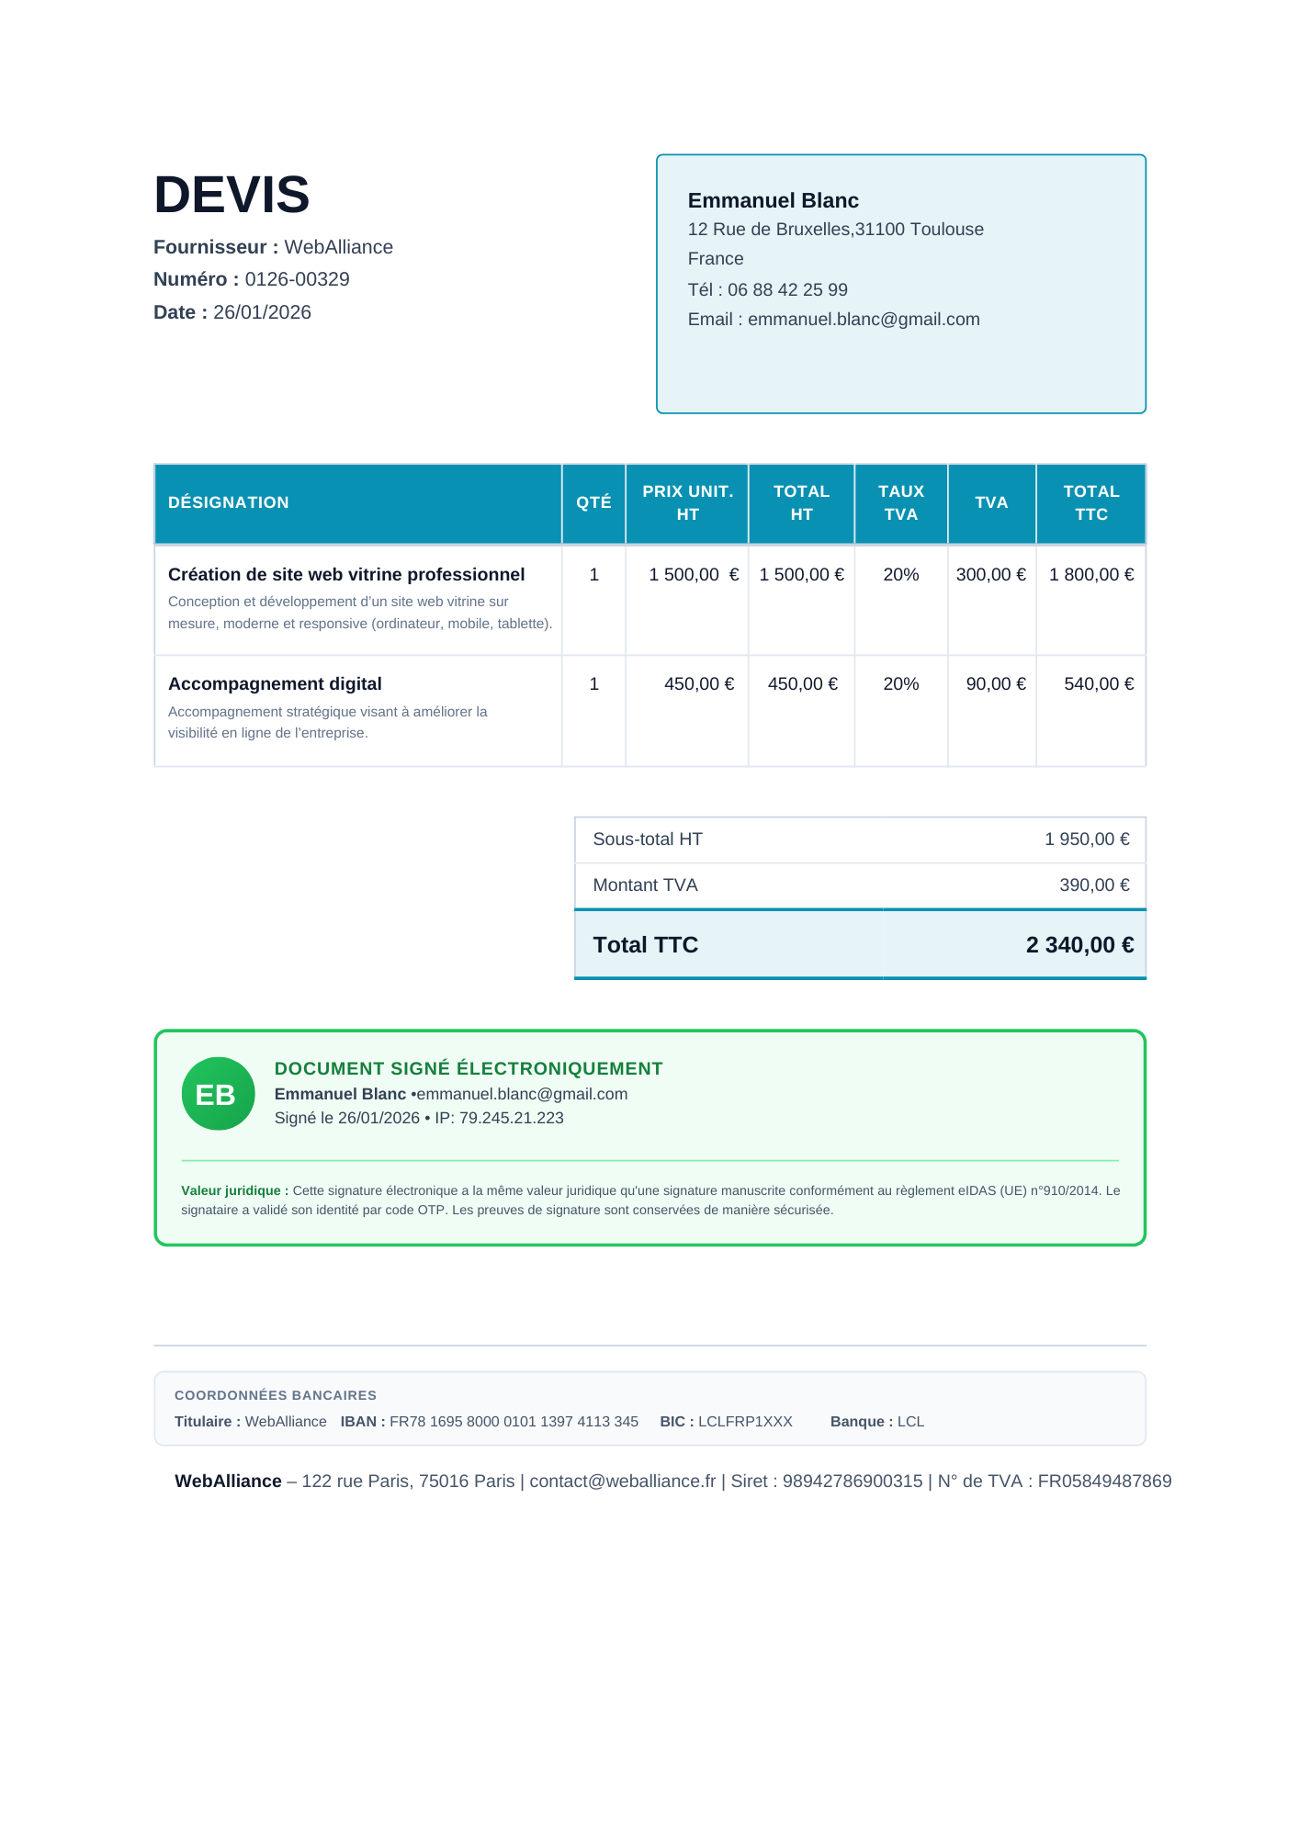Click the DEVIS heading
(232, 195)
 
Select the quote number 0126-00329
(297, 279)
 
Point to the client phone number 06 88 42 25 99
(787, 290)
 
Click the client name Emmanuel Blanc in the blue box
(773, 200)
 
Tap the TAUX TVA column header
(900, 503)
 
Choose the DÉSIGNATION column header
(228, 502)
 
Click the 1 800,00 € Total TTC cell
(1090, 575)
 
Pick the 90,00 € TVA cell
(995, 684)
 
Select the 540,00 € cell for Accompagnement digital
(1098, 684)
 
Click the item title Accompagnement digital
(275, 684)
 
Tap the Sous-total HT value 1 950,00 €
(1086, 840)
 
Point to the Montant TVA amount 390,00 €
(1093, 885)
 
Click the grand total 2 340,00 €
(1079, 945)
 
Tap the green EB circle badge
(218, 1094)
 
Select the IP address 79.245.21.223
(511, 1119)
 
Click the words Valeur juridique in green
(231, 1191)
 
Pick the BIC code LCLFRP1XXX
(744, 1422)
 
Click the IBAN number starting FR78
(514, 1422)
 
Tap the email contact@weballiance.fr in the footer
(622, 1482)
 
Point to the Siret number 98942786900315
(852, 1482)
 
